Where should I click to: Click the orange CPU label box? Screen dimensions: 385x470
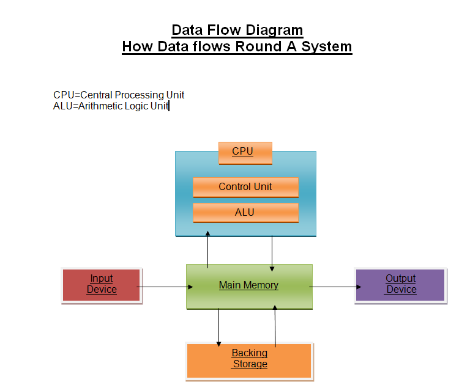[245, 153]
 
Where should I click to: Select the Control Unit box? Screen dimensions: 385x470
[245, 187]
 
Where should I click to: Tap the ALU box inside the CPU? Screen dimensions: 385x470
[245, 213]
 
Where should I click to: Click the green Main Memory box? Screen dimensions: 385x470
[249, 286]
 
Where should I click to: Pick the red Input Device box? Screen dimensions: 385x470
[102, 285]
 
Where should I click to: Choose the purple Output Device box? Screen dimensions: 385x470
[400, 285]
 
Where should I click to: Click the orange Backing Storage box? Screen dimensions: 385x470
[249, 360]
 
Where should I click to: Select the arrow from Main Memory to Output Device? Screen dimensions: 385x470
[334, 286]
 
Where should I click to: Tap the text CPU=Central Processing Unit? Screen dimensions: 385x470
[119, 95]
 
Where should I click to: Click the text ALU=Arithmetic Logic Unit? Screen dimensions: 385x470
[111, 106]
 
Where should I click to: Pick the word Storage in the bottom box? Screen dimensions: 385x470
[250, 364]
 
